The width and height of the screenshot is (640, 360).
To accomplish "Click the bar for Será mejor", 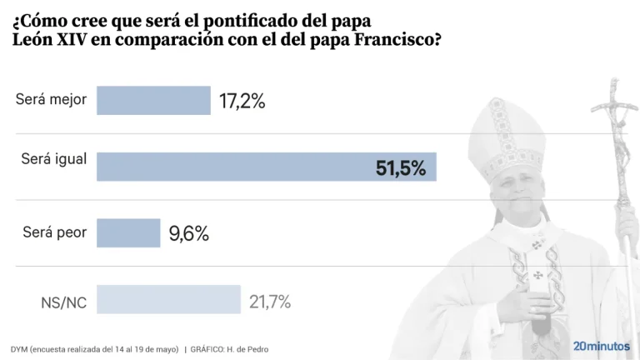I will pos(153,101).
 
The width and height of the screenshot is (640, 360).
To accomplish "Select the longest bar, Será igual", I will pos(267,167).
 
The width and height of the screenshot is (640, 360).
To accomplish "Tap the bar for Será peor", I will pos(128,233).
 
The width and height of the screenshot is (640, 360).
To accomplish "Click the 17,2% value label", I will pos(242,102).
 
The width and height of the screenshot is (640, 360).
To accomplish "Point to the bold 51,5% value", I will pos(400,167).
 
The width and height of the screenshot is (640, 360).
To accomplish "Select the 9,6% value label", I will pos(188,234).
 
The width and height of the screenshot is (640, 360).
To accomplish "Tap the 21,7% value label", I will pos(270,301).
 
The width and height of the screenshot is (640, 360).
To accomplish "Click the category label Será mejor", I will pos(51,101).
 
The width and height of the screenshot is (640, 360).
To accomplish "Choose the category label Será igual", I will pos(53,158).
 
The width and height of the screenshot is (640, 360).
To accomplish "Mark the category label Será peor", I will pos(54,232).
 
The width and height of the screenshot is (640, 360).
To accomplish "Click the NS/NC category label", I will pos(63,302).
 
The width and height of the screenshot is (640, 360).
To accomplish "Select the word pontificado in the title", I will pos(242,17).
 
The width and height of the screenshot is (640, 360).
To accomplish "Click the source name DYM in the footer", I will pos(19,348).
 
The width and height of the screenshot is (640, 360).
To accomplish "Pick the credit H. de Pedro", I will pos(248,348).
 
